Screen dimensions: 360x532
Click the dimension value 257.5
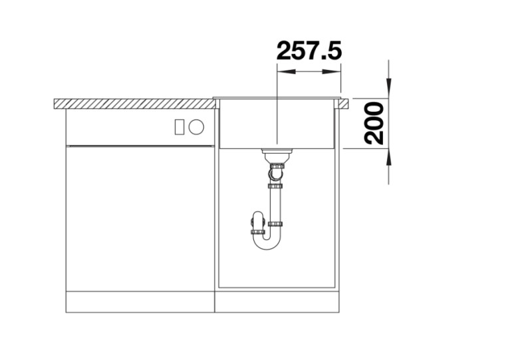pyautogui.click(x=309, y=51)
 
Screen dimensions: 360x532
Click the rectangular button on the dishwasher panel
pyautogui.click(x=179, y=126)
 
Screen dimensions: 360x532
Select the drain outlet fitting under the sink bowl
pyautogui.click(x=275, y=157)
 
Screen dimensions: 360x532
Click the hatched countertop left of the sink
pyautogui.click(x=133, y=104)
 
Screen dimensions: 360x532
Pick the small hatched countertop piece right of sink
pyautogui.click(x=344, y=104)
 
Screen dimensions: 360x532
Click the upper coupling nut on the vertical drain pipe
pyautogui.click(x=275, y=186)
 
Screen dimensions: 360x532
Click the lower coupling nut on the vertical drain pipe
pyautogui.click(x=275, y=224)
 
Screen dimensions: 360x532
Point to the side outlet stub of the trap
pyautogui.click(x=257, y=222)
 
